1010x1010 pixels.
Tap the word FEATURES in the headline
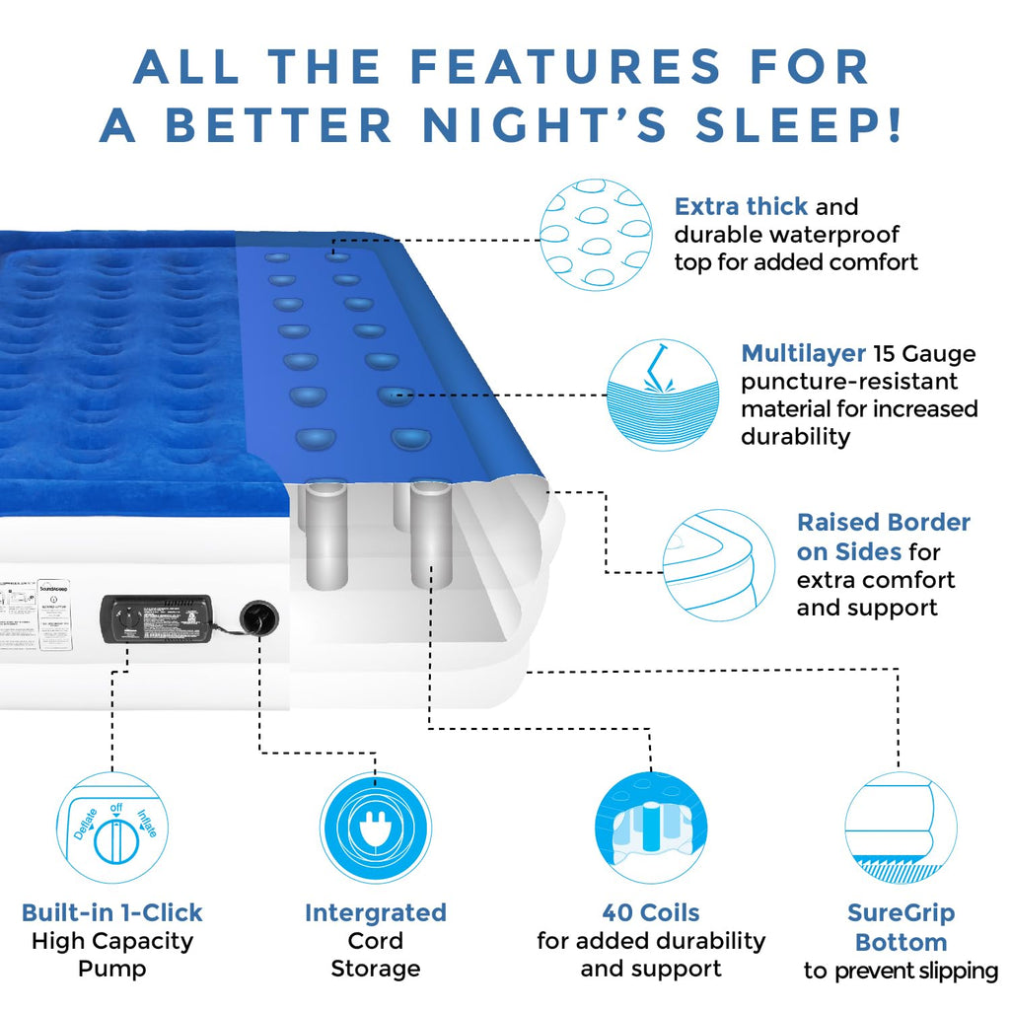pos(566,66)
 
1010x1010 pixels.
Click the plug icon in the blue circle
pos(376,828)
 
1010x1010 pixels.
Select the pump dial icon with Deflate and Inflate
pos(111,828)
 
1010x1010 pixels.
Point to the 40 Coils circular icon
pos(650,828)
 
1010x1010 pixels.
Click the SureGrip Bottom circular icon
pos(901,828)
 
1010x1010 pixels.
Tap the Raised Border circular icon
pos(718,565)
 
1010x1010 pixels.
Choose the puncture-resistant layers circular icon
pos(663,395)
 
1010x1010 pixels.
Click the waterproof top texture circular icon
pos(596,235)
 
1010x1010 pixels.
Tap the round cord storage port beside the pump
pos(259,618)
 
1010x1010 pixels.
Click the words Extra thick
pos(741,207)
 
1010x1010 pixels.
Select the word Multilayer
pos(804,353)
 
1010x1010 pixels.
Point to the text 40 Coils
pos(651,913)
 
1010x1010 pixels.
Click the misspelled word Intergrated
pos(375,913)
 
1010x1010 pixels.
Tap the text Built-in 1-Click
pos(111,913)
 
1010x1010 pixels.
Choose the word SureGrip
pos(901,913)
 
